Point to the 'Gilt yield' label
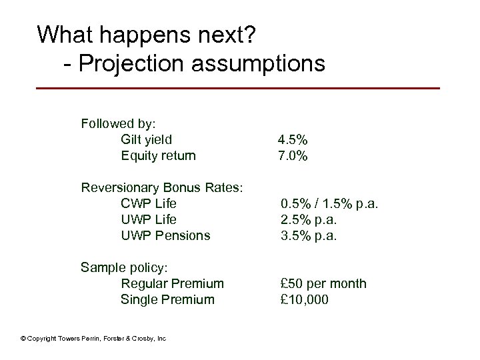pos(146,139)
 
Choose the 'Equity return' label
pos(158,156)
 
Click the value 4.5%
pos(293,140)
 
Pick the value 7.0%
pos(293,156)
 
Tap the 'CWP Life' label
pos(148,203)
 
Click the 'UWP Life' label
pos(148,219)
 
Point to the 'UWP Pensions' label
pos(165,235)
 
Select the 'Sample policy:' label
pos(125,267)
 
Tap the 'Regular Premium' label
pos(172,283)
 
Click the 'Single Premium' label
pos(167,299)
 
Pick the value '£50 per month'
pos(323,283)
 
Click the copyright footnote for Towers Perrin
pos(93,339)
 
